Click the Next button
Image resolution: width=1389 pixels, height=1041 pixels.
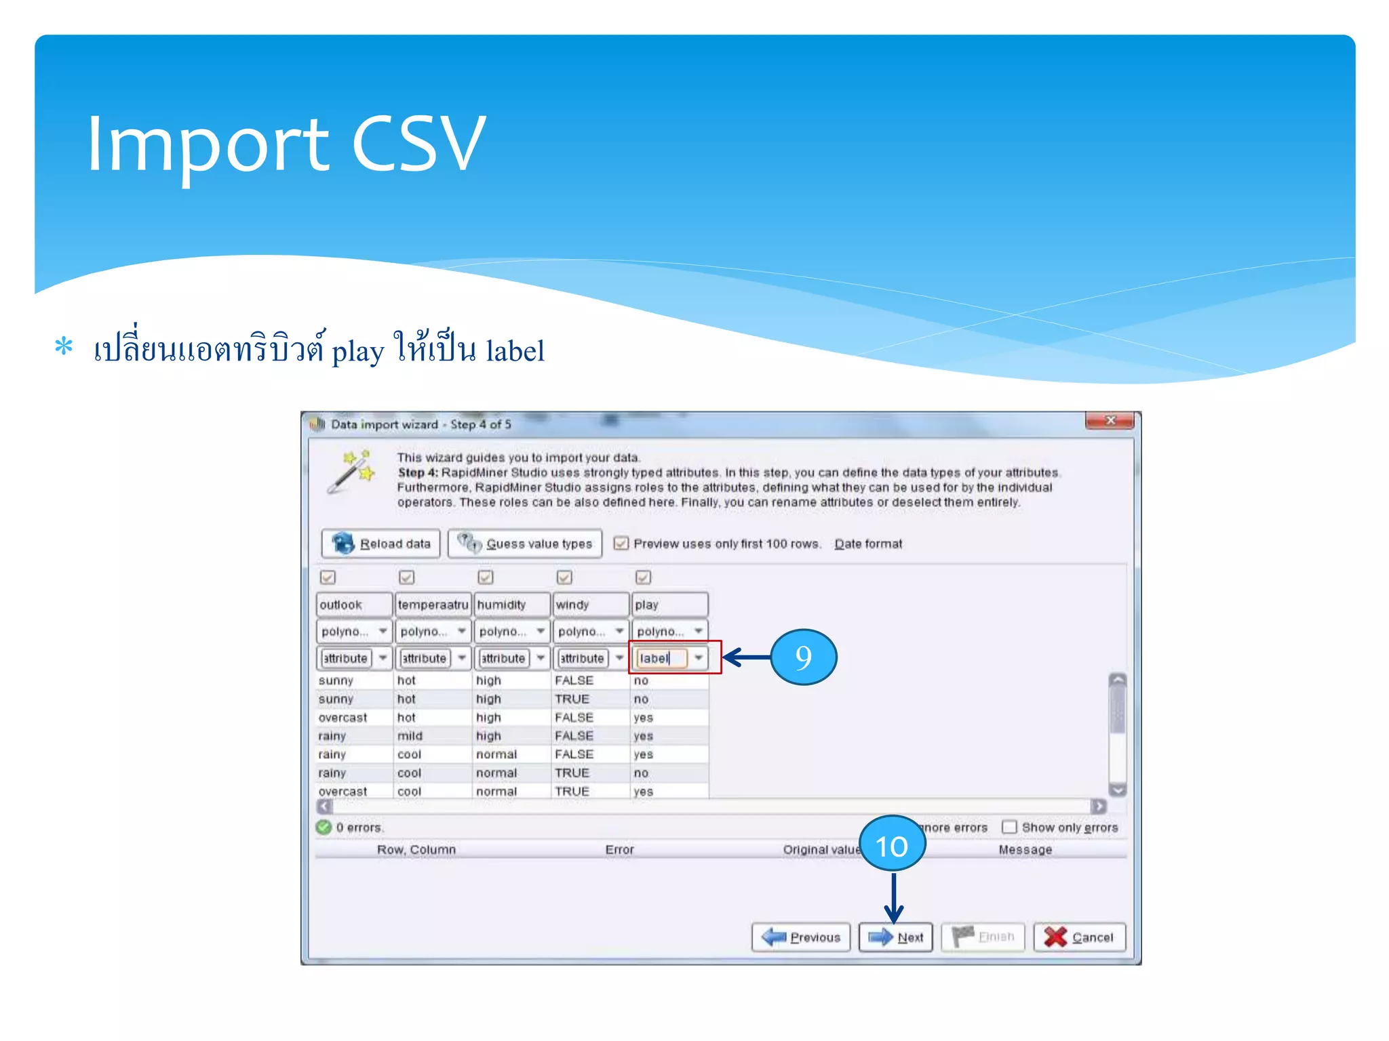[x=895, y=937]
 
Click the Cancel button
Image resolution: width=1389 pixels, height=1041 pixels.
[x=1079, y=937]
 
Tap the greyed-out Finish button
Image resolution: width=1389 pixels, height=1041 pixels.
[x=983, y=937]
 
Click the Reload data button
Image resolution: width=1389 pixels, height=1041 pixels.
[x=380, y=544]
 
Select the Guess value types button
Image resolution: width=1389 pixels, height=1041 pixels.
[x=525, y=544]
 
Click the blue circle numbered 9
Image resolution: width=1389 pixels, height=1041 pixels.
[x=803, y=657]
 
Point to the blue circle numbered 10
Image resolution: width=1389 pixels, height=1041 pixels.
[x=892, y=844]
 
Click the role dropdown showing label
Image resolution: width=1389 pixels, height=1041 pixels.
[x=670, y=658]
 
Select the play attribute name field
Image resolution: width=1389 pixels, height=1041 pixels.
[x=669, y=605]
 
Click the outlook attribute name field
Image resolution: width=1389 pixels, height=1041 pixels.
[x=353, y=605]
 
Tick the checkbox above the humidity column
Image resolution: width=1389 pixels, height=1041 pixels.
[x=486, y=577]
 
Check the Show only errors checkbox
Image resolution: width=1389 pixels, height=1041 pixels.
[x=1009, y=827]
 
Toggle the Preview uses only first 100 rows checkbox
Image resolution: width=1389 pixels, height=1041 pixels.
[x=621, y=544]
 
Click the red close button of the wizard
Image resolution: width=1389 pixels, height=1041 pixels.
[x=1110, y=421]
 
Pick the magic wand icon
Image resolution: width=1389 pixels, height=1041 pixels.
[x=352, y=471]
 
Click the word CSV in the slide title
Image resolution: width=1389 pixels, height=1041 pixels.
[x=418, y=144]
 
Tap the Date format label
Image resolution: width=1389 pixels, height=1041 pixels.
[x=868, y=544]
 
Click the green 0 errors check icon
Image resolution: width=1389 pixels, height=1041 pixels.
[x=324, y=827]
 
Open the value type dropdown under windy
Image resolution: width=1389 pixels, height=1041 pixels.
[x=591, y=631]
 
